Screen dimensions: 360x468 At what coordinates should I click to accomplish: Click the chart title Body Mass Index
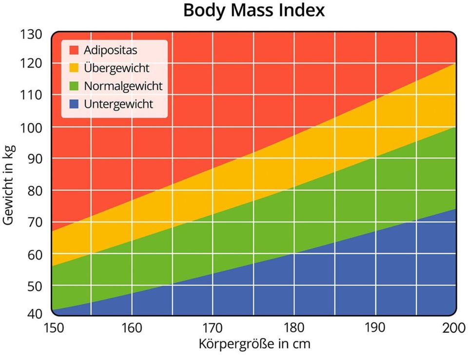pos(253,11)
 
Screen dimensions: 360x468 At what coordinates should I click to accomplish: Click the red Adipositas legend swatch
pos(74,50)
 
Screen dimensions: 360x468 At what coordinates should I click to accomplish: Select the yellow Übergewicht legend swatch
pos(74,68)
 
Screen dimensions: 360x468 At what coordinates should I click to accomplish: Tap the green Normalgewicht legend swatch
pos(74,86)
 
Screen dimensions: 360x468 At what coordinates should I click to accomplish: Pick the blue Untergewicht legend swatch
pos(74,104)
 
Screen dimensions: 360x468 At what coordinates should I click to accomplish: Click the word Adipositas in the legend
pos(110,50)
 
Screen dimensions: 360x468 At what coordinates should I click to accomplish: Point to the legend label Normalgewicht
pos(123,86)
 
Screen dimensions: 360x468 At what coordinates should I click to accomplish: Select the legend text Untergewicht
pos(118,104)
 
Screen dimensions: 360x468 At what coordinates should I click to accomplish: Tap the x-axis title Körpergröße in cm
pos(254,344)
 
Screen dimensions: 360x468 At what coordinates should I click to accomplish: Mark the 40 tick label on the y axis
pos(35,313)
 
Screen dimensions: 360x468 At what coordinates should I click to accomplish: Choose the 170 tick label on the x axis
pos(213,327)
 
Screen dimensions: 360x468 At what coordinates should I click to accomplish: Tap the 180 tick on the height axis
pos(293,327)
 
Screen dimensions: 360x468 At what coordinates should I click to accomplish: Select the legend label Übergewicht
pos(117,68)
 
